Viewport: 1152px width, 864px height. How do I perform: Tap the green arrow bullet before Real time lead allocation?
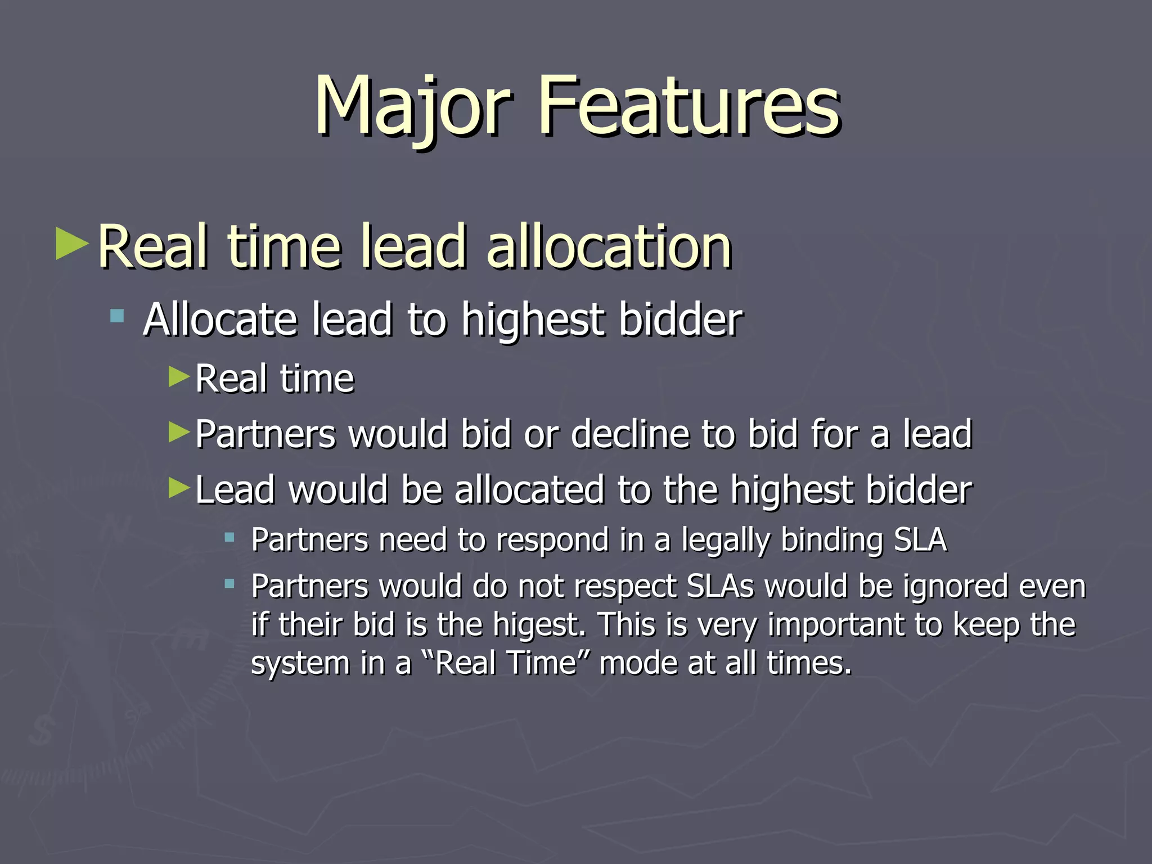[x=73, y=243]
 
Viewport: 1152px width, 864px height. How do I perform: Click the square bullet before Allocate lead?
[x=117, y=316]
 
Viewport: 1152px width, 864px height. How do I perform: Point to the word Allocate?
[x=220, y=319]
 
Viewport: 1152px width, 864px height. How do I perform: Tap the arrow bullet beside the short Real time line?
[x=179, y=376]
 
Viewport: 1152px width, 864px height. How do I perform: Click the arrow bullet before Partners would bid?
[x=179, y=432]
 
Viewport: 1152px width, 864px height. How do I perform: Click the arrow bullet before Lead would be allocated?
[x=179, y=488]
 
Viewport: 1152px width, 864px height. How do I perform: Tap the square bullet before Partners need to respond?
[x=229, y=538]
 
